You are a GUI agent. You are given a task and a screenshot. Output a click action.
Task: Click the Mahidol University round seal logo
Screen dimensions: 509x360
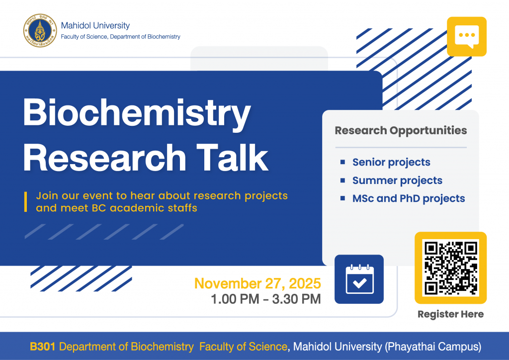(x=40, y=30)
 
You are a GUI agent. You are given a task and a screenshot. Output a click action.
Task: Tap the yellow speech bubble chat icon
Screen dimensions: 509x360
(x=466, y=37)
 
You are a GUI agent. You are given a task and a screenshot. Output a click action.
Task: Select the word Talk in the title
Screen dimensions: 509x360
(x=233, y=158)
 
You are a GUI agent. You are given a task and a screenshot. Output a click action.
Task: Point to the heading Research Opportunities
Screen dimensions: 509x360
(x=401, y=130)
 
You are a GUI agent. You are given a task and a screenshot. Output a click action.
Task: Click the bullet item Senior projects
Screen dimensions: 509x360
(x=391, y=162)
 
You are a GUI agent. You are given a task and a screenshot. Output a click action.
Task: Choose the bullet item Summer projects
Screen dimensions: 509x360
(x=397, y=180)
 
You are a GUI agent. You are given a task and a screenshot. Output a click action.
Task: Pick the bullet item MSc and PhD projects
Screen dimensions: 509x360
(x=409, y=198)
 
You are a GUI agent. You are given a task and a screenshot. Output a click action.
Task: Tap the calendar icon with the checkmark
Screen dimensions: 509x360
(x=359, y=279)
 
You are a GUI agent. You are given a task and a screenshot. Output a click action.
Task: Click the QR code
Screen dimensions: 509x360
(x=450, y=268)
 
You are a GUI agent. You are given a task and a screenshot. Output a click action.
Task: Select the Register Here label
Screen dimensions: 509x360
(x=450, y=314)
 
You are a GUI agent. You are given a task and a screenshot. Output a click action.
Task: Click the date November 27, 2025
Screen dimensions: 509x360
(x=257, y=283)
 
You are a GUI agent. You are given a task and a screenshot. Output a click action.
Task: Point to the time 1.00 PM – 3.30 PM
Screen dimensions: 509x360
(x=266, y=299)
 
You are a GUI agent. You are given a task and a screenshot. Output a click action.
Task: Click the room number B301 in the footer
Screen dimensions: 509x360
(x=43, y=347)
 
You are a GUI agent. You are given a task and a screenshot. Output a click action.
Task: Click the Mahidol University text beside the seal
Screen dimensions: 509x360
(x=95, y=25)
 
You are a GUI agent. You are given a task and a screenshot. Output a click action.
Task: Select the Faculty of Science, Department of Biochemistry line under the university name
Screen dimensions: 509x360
(x=120, y=37)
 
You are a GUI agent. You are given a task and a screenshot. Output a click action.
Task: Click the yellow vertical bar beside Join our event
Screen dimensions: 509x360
(x=26, y=202)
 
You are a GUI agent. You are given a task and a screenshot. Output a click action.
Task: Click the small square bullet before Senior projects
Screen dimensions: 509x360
(x=342, y=162)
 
